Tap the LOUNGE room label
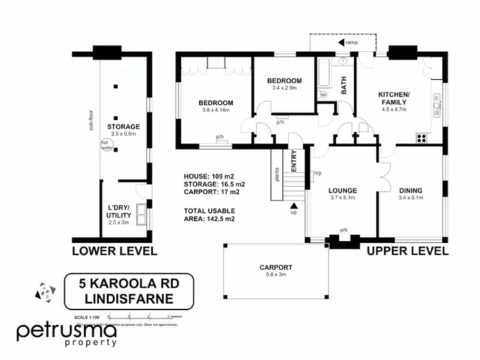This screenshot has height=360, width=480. point(342,190)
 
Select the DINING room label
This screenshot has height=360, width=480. point(412,190)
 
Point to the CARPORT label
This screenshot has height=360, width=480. point(276,267)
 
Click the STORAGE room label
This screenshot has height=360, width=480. point(124,127)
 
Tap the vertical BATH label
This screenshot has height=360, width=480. point(344,84)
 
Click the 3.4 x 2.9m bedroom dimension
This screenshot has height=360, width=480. point(284,88)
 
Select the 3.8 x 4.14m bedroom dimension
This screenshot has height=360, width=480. point(216,110)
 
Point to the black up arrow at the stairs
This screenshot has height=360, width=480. point(294,205)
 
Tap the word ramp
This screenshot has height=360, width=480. point(352,43)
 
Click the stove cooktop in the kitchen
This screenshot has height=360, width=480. point(422,136)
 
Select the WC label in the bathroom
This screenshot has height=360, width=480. point(324,95)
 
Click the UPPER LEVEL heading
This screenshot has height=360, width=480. point(408,251)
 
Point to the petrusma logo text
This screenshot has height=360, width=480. point(67,332)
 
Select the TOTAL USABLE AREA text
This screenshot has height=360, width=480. point(210,215)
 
